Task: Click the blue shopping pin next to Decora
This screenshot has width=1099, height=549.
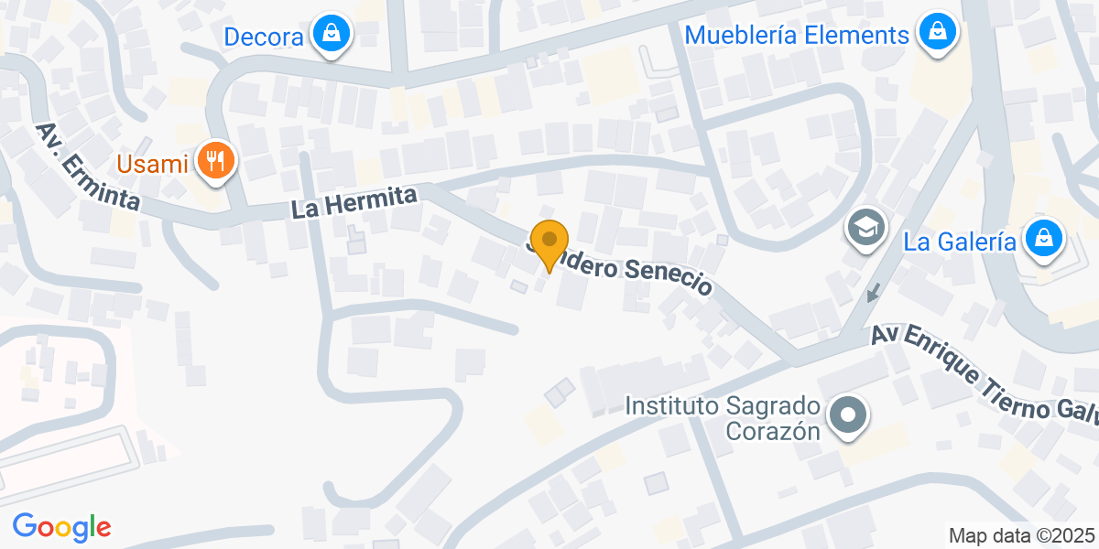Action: pyautogui.click(x=331, y=35)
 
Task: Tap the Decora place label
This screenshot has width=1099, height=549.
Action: pyautogui.click(x=264, y=38)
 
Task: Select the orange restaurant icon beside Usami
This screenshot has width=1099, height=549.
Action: pyautogui.click(x=216, y=162)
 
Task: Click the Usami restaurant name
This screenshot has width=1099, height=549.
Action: pyautogui.click(x=153, y=165)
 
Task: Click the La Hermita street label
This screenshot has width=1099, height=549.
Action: pyautogui.click(x=354, y=202)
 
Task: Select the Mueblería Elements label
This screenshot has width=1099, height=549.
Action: pyautogui.click(x=797, y=36)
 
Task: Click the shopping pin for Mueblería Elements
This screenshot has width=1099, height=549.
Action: pyautogui.click(x=938, y=33)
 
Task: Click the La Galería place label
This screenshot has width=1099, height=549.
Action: pyautogui.click(x=959, y=242)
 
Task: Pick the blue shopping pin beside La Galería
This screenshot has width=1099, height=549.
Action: pyautogui.click(x=1043, y=239)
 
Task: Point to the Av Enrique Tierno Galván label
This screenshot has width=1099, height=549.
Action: pyautogui.click(x=985, y=374)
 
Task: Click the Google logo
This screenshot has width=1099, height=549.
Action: pyautogui.click(x=61, y=527)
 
